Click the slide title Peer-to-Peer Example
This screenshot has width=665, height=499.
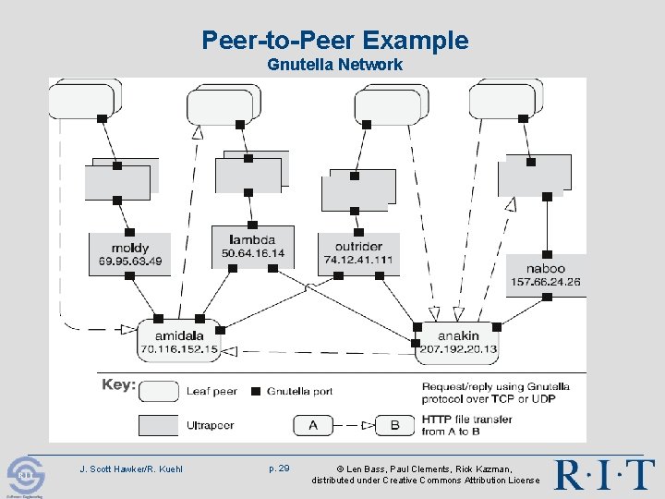(x=334, y=41)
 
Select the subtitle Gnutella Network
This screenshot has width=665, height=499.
(x=334, y=65)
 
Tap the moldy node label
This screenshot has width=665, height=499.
(x=130, y=248)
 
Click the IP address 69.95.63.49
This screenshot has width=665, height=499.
(x=130, y=262)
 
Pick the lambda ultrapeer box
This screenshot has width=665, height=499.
(x=252, y=246)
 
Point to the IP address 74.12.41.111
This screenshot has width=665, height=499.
(x=358, y=260)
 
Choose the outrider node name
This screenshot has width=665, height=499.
(x=358, y=247)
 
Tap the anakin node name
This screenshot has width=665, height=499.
(x=458, y=335)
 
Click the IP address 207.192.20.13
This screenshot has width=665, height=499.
(x=458, y=349)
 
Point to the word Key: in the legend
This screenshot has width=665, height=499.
(x=118, y=384)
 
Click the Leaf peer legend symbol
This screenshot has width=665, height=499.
(x=158, y=390)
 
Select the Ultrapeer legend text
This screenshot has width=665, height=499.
(x=212, y=426)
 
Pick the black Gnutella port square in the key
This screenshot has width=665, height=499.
(x=256, y=391)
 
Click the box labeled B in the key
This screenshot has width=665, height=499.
(x=394, y=426)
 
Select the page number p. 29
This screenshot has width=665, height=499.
(x=279, y=469)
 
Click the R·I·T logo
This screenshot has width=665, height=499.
(x=604, y=474)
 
